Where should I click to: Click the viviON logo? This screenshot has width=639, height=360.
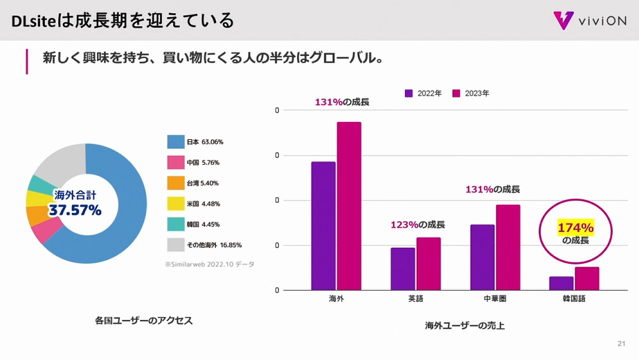pos(590,20)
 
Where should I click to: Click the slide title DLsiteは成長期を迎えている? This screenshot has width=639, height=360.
pos(123,21)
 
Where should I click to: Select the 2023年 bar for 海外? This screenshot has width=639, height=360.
pos(349,206)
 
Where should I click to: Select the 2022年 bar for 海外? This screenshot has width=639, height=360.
pos(323,226)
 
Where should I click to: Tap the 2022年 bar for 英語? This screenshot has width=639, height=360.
pos(402,269)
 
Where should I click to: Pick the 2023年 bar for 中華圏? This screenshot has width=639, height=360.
pos(507,247)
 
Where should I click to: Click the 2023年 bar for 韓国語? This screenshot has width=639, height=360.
pos(586,278)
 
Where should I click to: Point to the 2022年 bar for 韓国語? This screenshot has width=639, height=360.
pos(561,283)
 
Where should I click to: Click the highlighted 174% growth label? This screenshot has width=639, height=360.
pos(575,228)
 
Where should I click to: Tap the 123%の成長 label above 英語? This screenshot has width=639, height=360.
pos(417,225)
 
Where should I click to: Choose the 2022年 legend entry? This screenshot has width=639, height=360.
pos(423,93)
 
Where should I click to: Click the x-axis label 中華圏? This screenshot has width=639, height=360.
pos(494,299)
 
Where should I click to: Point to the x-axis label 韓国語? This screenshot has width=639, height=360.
pos(574,299)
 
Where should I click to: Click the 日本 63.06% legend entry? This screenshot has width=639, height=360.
pos(196,142)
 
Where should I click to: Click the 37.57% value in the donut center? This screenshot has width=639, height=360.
pos(75,210)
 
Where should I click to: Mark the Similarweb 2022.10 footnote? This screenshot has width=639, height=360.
pos(209,264)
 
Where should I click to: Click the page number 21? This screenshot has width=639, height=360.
pos(621,344)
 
